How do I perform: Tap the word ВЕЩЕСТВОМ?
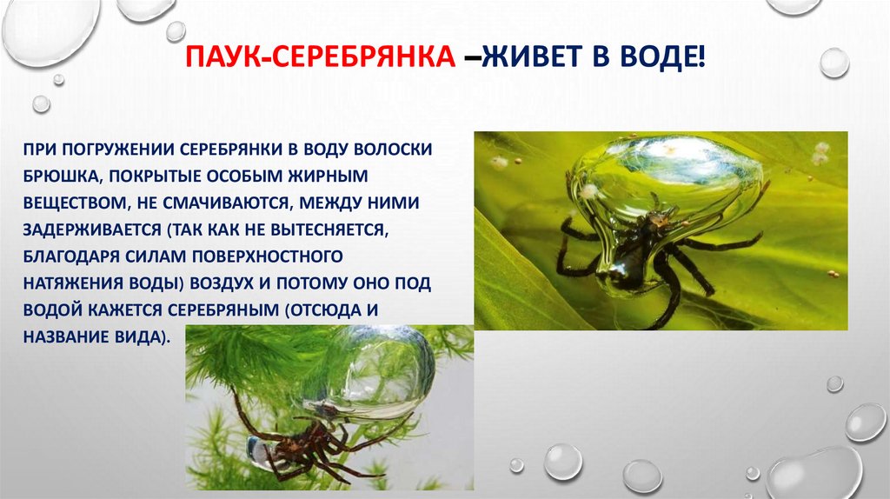coord(72,203)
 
